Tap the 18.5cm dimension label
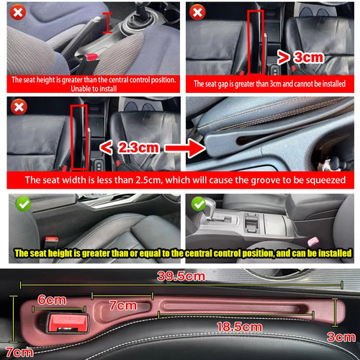(239, 327)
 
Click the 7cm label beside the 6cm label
(125, 305)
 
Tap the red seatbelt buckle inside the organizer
(66, 321)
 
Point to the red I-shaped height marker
(107, 23)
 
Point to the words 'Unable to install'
(93, 89)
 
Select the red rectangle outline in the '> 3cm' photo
(254, 42)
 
